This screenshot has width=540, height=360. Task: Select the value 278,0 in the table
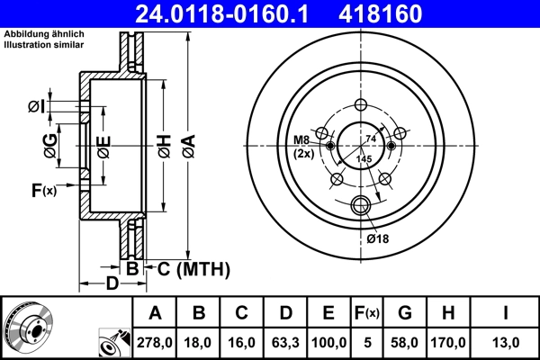155,341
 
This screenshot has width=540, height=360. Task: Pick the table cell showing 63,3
285,341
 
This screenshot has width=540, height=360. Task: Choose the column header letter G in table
404,313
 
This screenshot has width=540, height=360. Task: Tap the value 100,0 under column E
328,341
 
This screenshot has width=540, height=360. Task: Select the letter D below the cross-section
111,285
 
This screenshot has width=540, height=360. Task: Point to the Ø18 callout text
379,238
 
